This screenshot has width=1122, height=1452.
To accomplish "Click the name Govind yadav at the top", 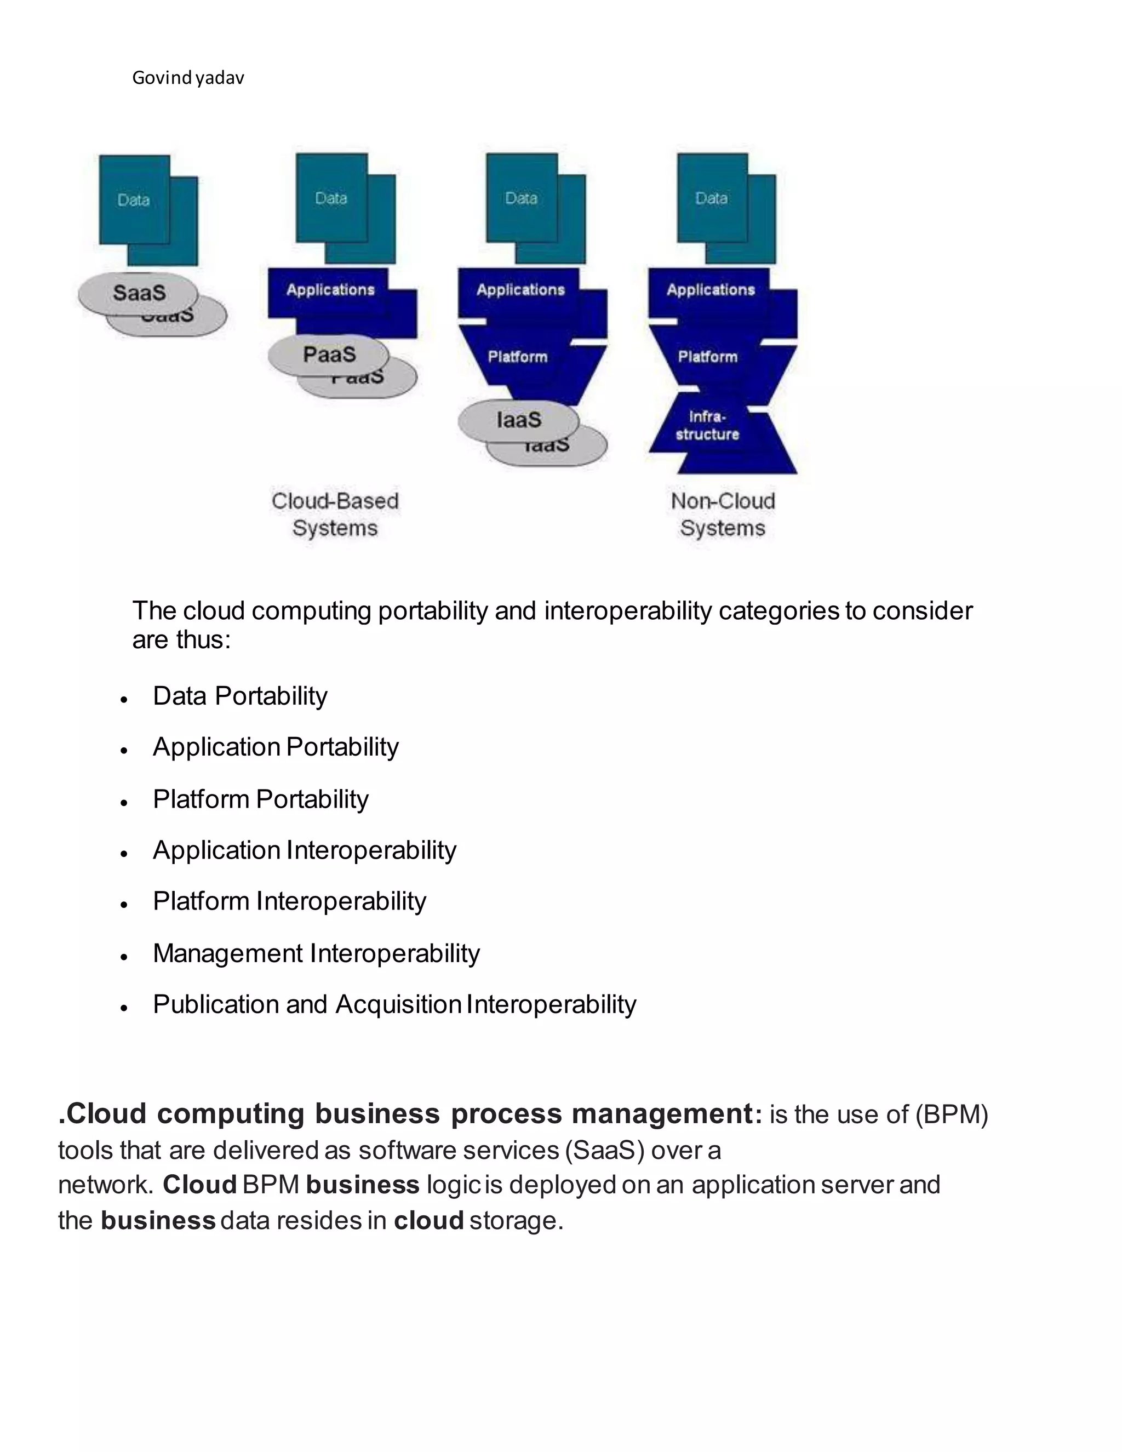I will (x=188, y=78).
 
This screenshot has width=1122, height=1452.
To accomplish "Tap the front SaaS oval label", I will (x=139, y=293).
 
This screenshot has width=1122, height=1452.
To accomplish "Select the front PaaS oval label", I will (x=329, y=354).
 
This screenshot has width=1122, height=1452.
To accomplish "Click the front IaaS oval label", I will (x=518, y=420).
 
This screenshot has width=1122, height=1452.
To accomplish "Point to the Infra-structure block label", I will (x=707, y=426).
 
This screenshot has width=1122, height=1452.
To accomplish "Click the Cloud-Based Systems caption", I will (x=335, y=515).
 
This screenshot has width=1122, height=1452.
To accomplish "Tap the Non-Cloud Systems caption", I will (x=723, y=515).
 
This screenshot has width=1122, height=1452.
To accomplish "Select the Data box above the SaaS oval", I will (x=134, y=200).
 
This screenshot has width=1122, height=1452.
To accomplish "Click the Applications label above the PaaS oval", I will (x=330, y=290).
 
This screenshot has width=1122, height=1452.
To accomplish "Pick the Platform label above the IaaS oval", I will (x=518, y=357).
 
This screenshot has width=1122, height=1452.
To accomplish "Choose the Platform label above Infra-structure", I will (x=708, y=357).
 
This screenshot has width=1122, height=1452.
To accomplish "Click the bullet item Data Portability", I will (x=240, y=696).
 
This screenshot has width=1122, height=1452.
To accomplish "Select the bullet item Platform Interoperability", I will (x=290, y=901).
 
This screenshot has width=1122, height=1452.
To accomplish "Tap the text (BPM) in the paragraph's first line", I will (x=951, y=1115).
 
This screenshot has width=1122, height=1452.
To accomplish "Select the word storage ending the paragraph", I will (x=516, y=1221).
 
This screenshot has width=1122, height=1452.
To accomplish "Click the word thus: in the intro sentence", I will (x=203, y=639).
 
